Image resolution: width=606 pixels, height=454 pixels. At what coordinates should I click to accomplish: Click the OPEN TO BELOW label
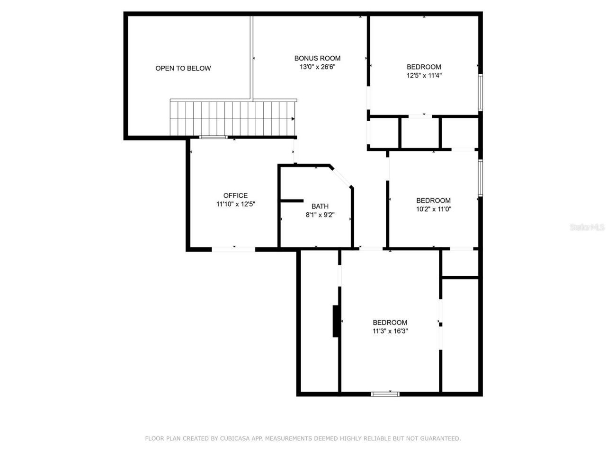[x=183, y=68]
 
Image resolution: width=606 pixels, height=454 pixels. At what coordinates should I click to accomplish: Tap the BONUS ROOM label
[x=317, y=58]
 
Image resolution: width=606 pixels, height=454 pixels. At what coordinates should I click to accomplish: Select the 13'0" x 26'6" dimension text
[x=317, y=67]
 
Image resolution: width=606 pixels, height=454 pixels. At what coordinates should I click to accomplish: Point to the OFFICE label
[x=235, y=195]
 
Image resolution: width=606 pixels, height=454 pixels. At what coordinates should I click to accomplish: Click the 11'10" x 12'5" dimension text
[x=236, y=204]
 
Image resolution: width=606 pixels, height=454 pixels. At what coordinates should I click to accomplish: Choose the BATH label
[x=320, y=206]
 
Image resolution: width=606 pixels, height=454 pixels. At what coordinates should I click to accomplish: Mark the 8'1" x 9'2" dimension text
[x=320, y=215]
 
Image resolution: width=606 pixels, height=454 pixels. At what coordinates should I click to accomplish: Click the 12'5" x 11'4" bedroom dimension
[x=424, y=75]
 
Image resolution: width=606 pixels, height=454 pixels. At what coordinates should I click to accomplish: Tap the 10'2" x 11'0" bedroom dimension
[x=433, y=209]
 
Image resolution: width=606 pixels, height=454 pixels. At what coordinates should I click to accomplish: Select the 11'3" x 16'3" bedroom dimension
[x=390, y=331]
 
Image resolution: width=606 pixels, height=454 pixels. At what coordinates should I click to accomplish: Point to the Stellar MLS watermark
[x=587, y=227]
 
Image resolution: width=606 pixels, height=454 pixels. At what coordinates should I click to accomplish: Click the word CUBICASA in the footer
[x=235, y=438]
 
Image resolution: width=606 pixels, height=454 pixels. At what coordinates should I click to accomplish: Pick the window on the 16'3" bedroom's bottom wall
[x=385, y=393]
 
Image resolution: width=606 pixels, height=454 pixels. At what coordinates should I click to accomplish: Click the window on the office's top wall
[x=213, y=138]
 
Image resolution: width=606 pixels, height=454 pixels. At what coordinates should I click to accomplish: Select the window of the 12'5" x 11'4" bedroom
[x=480, y=92]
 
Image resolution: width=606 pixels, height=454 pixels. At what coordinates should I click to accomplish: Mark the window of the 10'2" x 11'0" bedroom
[x=480, y=177]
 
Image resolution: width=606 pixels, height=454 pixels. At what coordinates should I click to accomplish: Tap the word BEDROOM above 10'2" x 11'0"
[x=433, y=200]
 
